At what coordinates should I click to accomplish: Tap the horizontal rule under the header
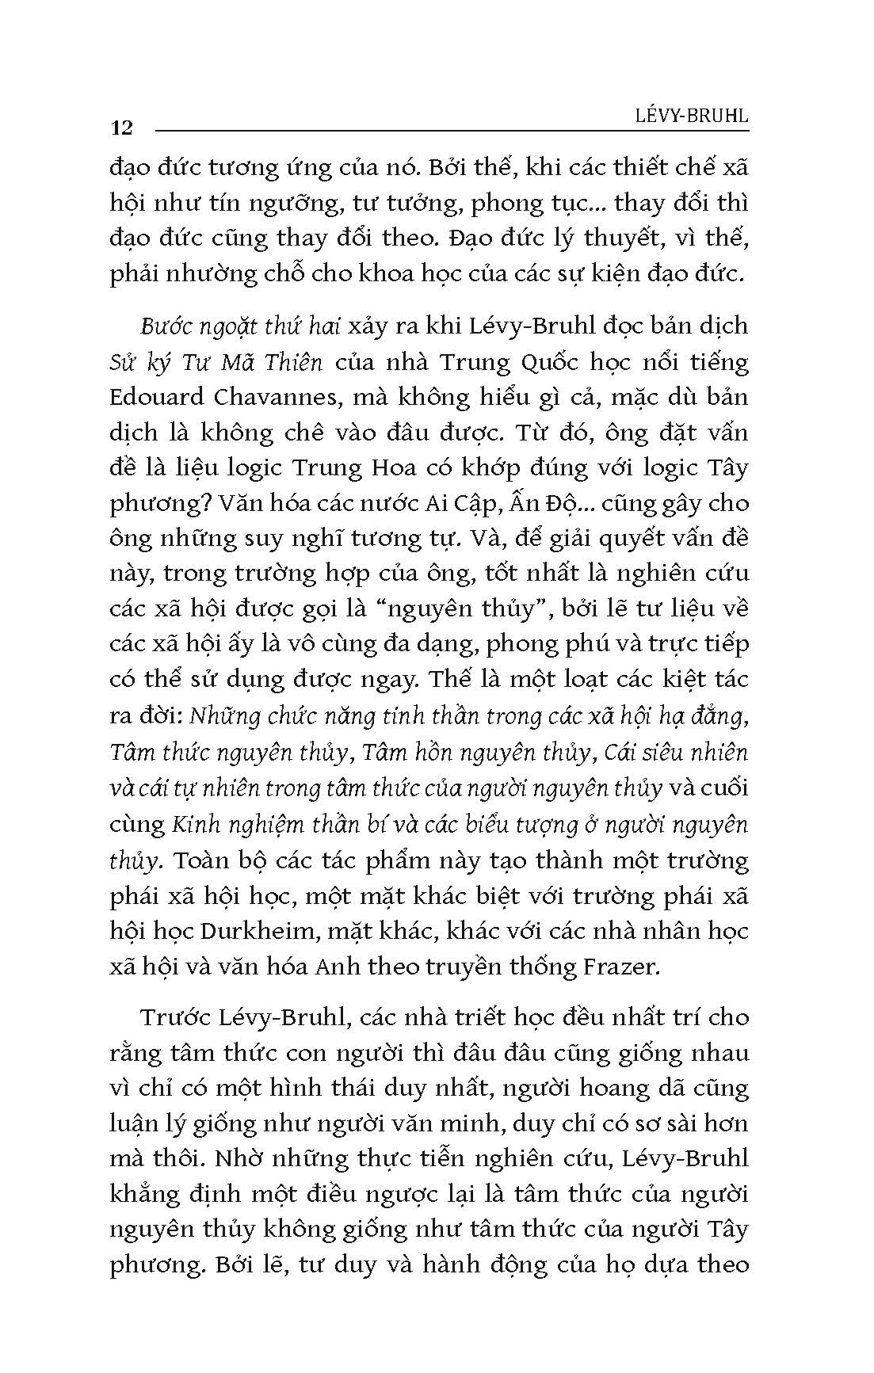pos(452,129)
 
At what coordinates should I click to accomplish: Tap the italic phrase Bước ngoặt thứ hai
pos(231,326)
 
